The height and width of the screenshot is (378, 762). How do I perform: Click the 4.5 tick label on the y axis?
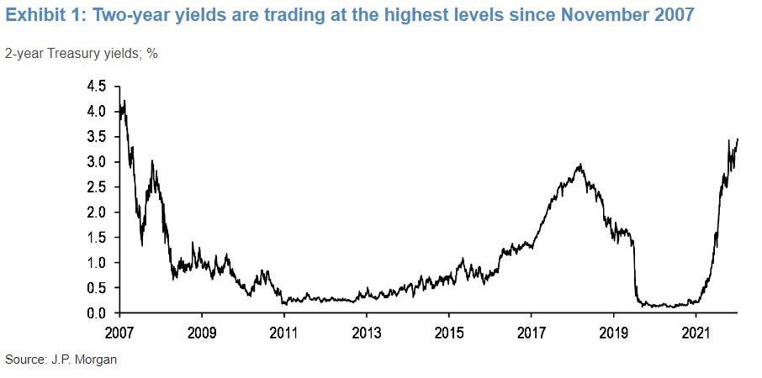point(97,87)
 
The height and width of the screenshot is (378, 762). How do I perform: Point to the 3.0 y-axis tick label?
point(97,162)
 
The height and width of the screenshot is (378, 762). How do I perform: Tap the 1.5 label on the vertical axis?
point(97,238)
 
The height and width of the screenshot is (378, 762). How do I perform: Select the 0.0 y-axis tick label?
point(97,313)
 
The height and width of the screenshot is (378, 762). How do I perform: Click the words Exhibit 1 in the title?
point(43,16)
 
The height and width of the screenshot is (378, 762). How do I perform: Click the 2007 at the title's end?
point(673,16)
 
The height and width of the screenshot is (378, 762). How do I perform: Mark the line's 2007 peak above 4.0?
point(124,102)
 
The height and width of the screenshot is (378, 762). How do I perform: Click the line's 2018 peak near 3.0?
point(579,165)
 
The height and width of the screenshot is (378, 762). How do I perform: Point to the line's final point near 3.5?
point(738,139)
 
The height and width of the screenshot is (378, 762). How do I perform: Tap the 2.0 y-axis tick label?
point(97,213)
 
